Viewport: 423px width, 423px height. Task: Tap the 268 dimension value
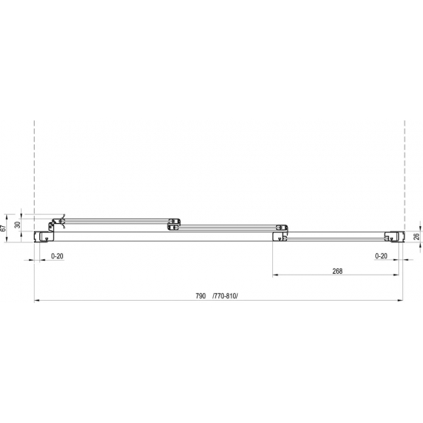click(x=337, y=271)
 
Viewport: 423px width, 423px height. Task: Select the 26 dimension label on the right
click(x=416, y=236)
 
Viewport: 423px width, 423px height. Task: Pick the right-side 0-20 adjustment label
click(x=381, y=255)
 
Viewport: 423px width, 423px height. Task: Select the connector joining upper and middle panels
click(x=173, y=224)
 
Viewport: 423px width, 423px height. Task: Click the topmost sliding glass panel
click(x=115, y=220)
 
